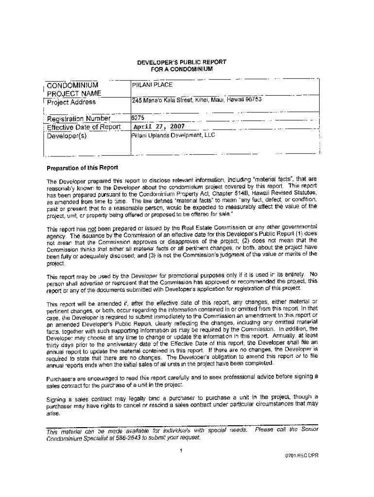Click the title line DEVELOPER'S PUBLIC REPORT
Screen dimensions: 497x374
click(181, 62)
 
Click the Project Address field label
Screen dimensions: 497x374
click(71, 102)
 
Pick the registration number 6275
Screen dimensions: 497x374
click(137, 117)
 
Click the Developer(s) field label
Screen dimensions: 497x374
click(66, 136)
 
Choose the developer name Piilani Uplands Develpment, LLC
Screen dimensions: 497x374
click(173, 135)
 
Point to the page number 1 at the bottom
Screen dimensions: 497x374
click(181, 450)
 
